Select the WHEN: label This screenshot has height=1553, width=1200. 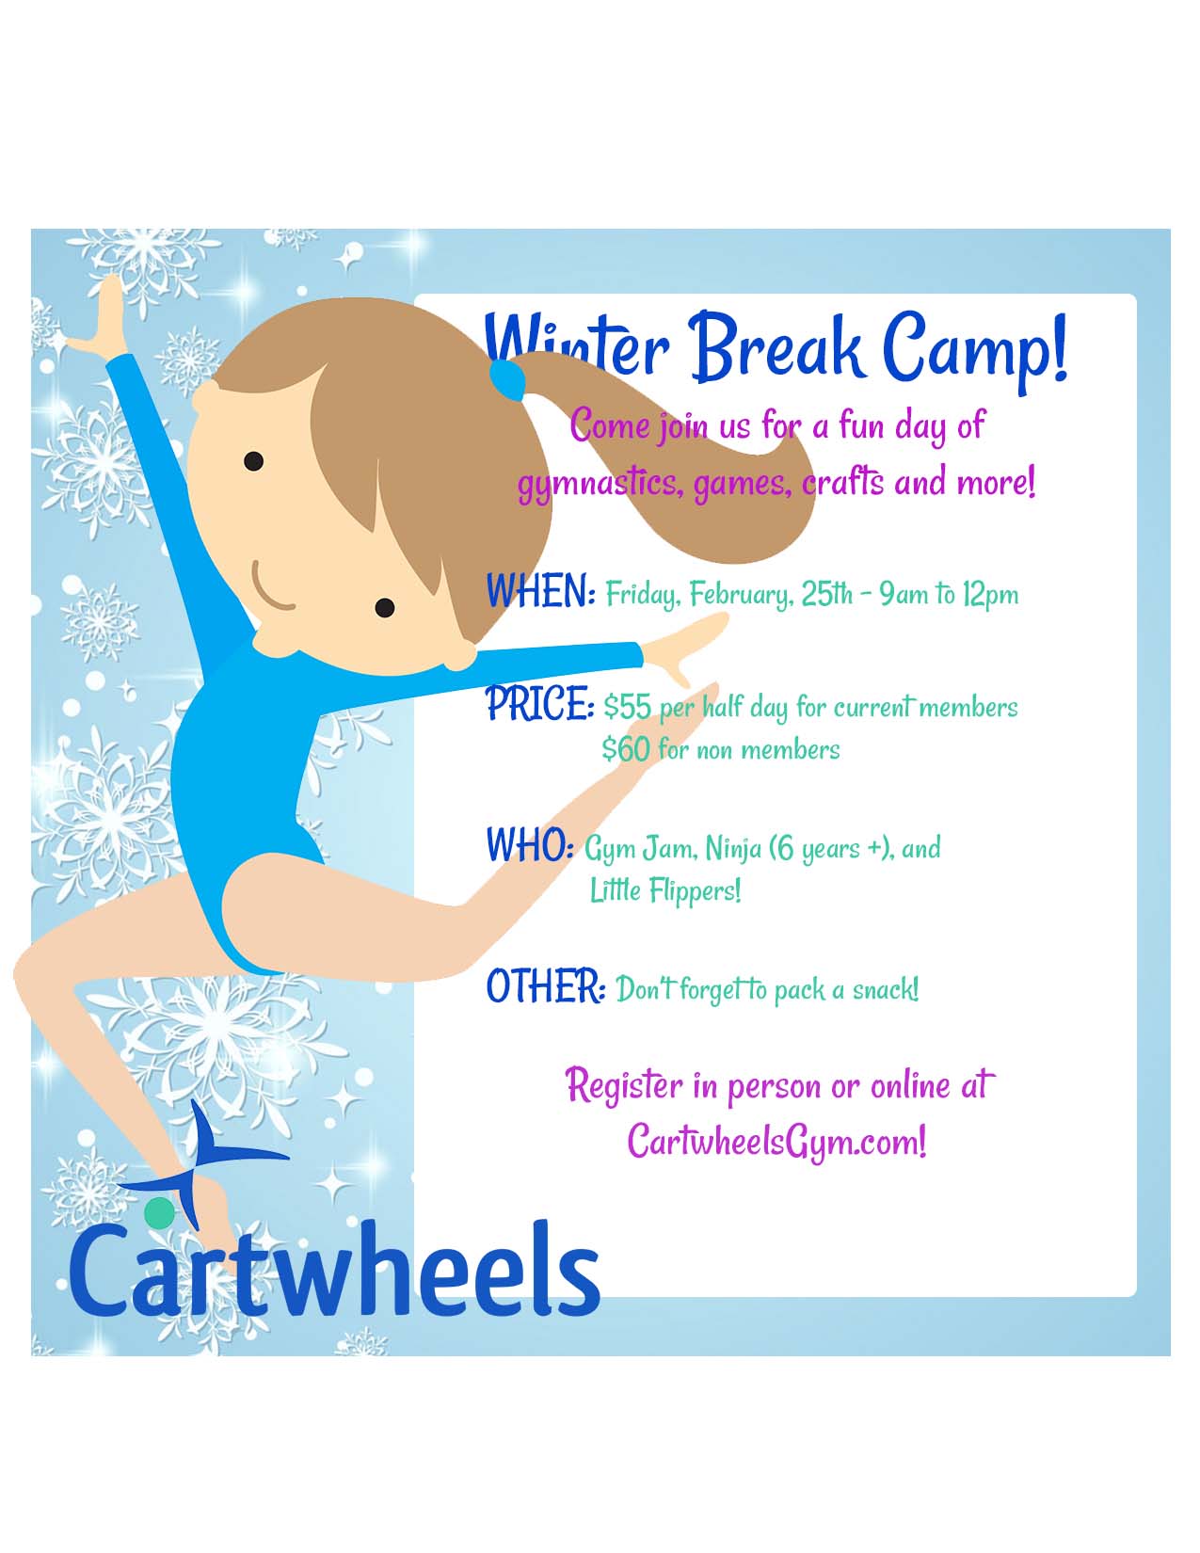pyautogui.click(x=540, y=591)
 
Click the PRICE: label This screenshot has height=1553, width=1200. pyautogui.click(x=539, y=704)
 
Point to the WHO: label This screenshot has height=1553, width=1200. pyautogui.click(x=530, y=845)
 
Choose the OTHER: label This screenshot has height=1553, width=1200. pyautogui.click(x=546, y=987)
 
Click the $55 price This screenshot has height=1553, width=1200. pyautogui.click(x=627, y=708)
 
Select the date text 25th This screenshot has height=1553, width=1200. pyautogui.click(x=827, y=594)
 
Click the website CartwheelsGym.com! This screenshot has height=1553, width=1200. pyautogui.click(x=776, y=1142)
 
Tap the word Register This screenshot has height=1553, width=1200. pyautogui.click(x=624, y=1086)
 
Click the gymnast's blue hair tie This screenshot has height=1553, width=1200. pyautogui.click(x=506, y=378)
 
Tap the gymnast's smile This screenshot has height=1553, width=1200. pyautogui.click(x=273, y=589)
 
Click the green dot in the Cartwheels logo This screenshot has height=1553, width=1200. pyautogui.click(x=159, y=1213)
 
